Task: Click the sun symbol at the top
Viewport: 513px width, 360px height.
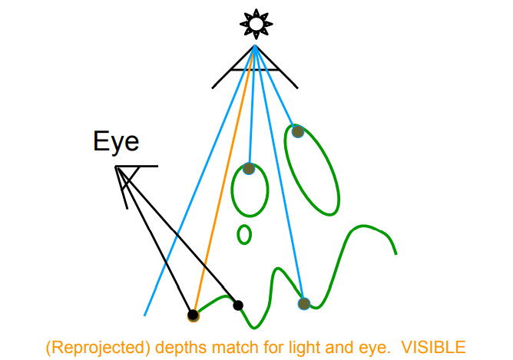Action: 254,25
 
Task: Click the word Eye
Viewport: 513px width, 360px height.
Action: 116,141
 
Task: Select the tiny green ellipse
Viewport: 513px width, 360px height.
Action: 244,233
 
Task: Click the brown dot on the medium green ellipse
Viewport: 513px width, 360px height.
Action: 249,168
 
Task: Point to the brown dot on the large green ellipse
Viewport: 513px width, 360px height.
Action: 298,131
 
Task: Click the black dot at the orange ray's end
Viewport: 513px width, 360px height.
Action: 193,314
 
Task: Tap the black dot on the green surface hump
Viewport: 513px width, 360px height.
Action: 238,305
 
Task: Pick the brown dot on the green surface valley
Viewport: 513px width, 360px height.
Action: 304,304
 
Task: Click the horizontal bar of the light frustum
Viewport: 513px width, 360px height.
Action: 254,68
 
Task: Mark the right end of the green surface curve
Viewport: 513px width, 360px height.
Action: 396,253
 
